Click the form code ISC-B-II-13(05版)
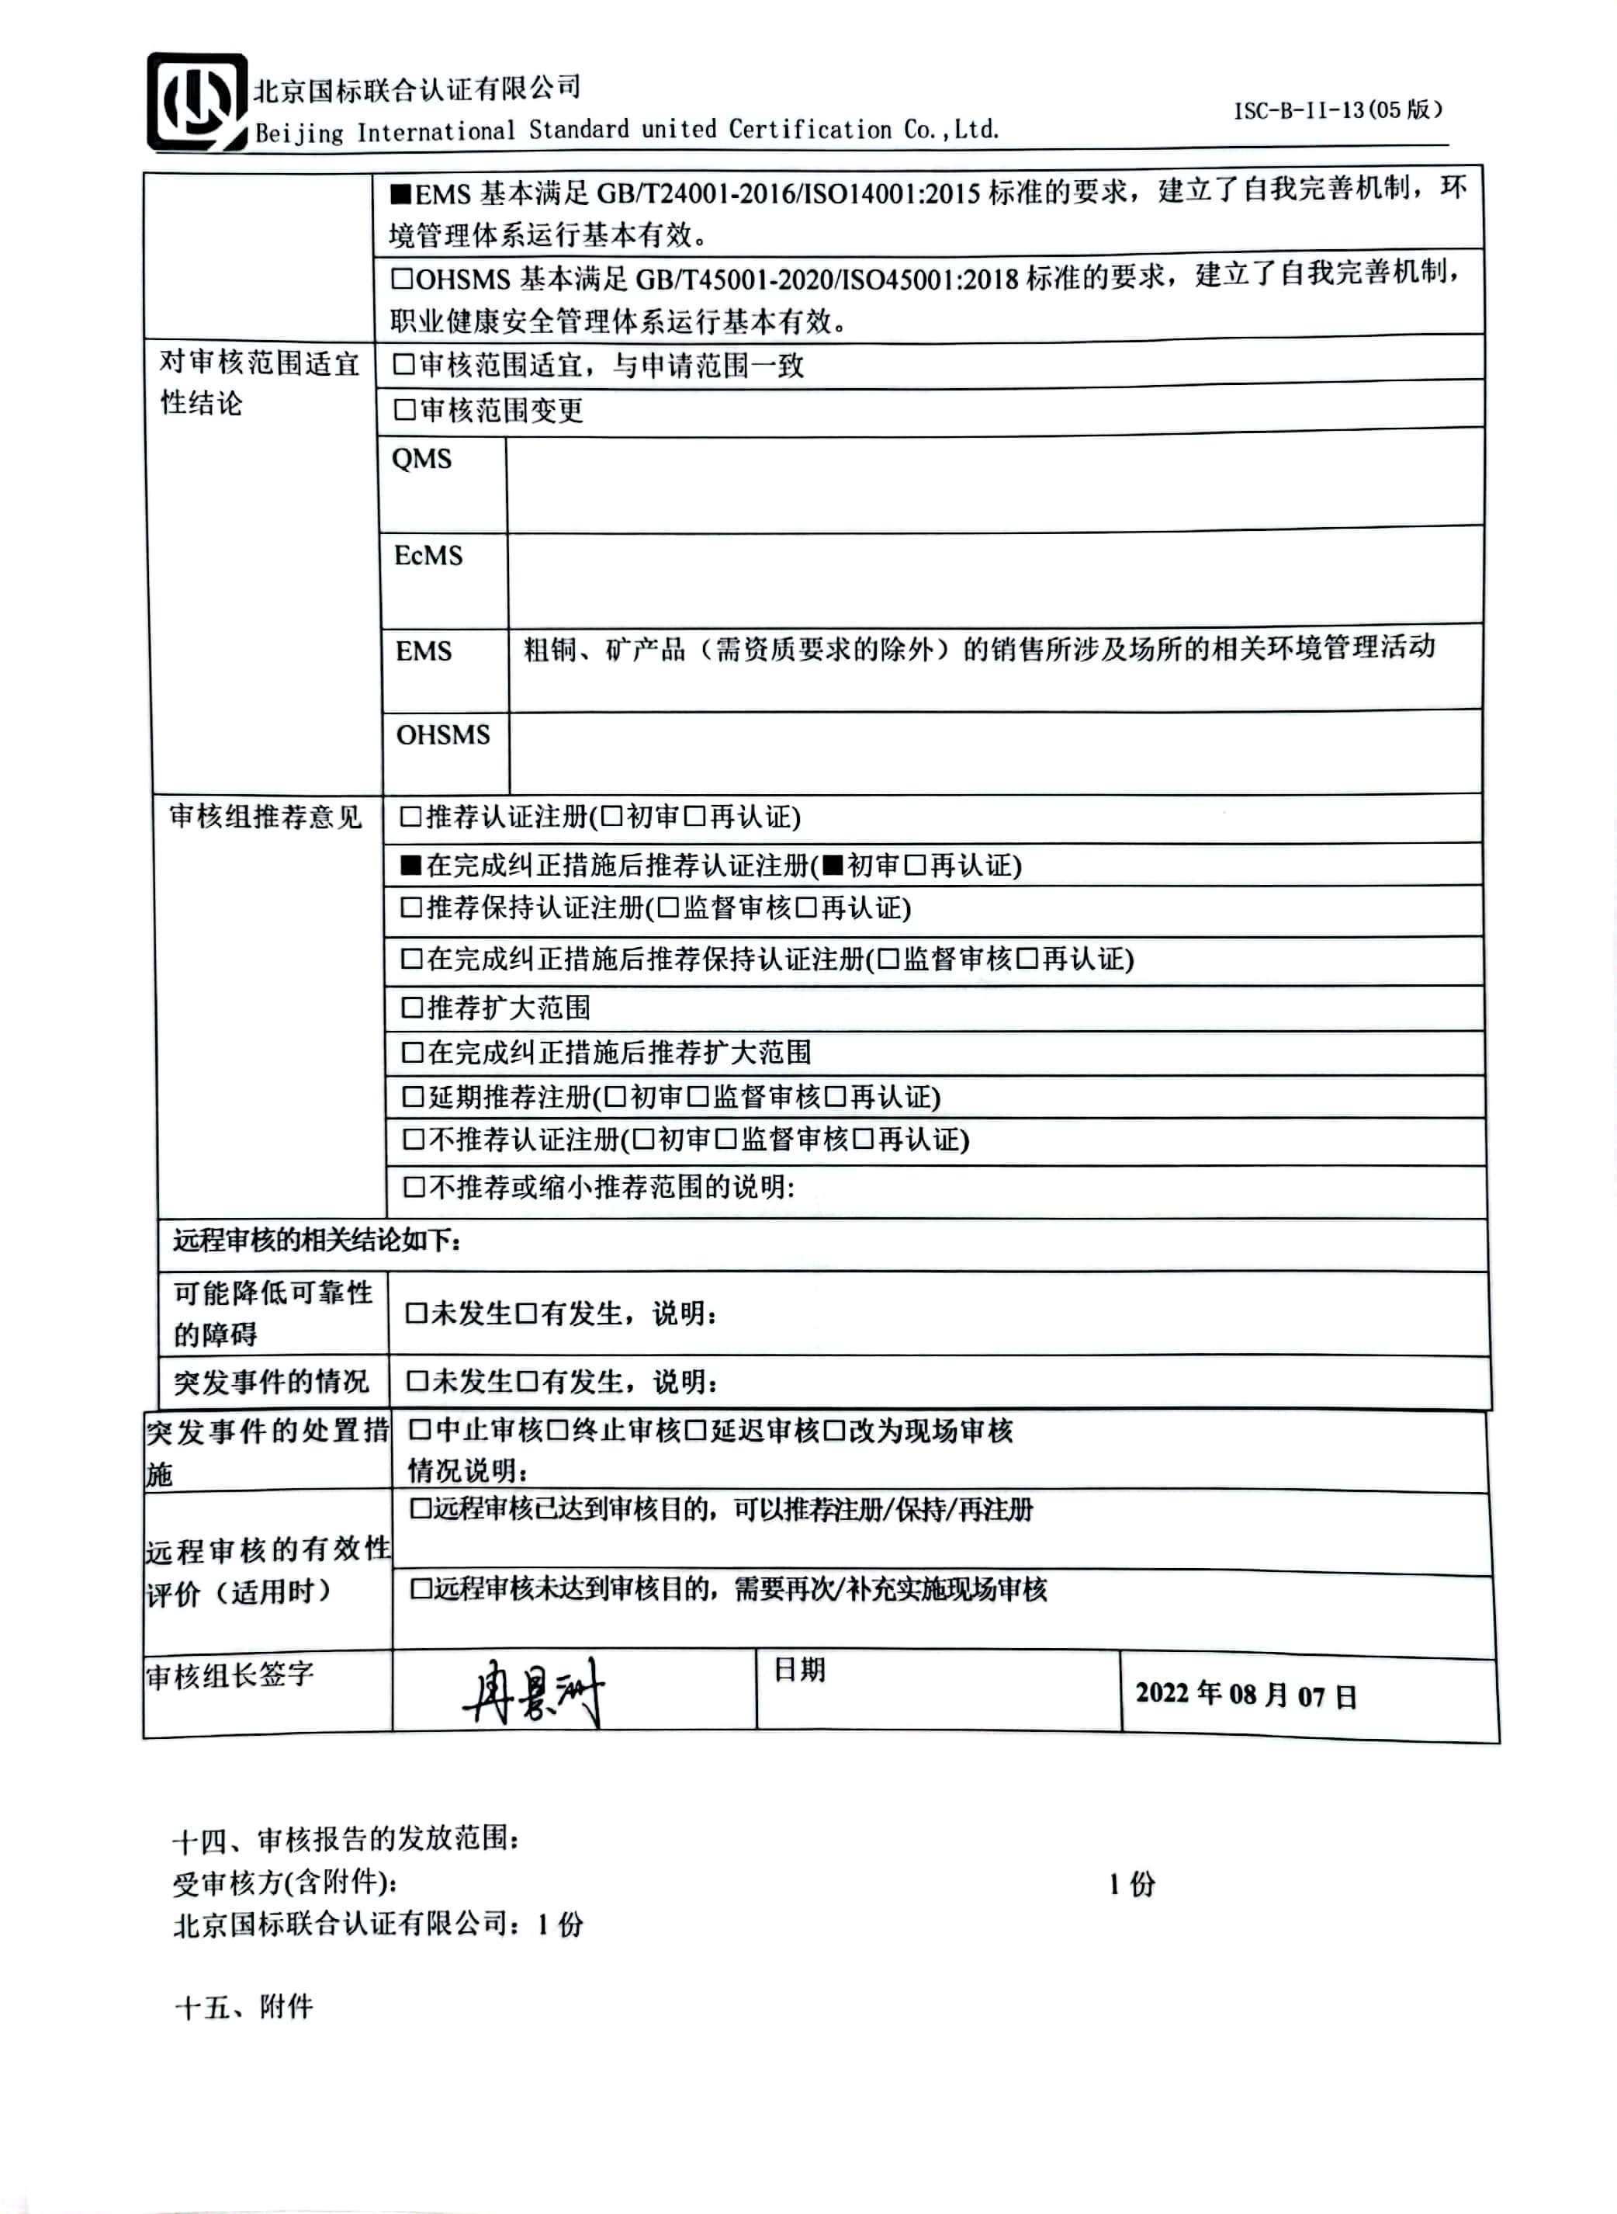pos(1337,109)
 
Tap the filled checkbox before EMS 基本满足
pos(400,193)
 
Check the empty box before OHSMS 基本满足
pos(401,279)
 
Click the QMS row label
pos(422,460)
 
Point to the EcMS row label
pos(428,555)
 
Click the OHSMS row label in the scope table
pos(442,734)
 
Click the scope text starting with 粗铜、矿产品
pos(979,648)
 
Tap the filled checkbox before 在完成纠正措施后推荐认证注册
pos(411,865)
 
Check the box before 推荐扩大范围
pos(412,1007)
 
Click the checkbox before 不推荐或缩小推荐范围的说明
pos(414,1187)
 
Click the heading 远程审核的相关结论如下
pos(316,1240)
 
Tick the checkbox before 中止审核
pos(419,1431)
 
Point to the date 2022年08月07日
pos(1246,1695)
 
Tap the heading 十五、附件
pos(244,2008)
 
